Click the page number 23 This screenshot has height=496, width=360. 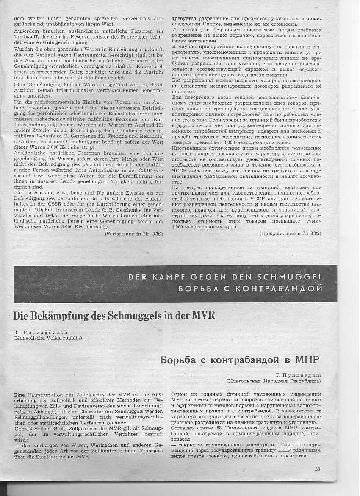point(318,468)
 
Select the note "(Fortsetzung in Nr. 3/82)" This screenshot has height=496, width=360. point(134,233)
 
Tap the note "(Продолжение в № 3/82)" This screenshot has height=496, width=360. point(291,234)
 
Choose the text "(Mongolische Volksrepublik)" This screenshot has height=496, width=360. point(47,338)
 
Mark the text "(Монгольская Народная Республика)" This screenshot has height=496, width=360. point(274,381)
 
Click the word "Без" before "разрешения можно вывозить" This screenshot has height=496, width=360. point(177,80)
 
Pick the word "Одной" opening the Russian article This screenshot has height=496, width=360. point(180,394)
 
